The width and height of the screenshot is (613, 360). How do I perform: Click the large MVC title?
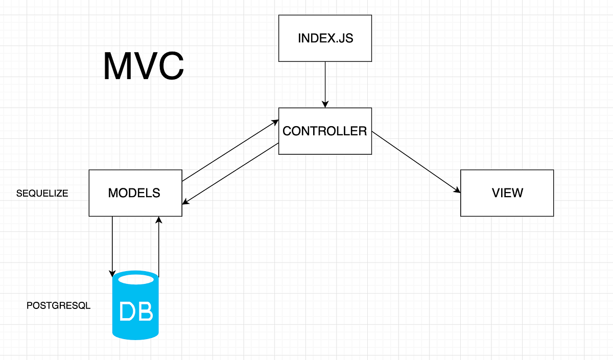143,66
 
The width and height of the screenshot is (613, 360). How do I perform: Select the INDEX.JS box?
325,38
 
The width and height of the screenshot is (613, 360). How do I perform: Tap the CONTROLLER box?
325,131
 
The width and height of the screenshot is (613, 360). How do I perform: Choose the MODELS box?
135,193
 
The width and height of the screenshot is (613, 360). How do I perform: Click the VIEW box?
507,193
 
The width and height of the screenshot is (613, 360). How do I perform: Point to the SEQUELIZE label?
42,194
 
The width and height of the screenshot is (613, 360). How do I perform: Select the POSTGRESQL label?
58,306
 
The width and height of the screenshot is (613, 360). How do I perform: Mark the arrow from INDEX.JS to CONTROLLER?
325,84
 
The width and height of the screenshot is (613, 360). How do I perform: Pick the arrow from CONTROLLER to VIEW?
416,162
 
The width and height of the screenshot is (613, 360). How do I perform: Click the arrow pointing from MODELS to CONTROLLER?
230,151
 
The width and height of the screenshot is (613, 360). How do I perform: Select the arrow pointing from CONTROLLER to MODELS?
230,174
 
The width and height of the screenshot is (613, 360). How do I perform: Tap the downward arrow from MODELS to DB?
112,245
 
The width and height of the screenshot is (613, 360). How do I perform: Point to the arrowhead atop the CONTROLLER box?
325,104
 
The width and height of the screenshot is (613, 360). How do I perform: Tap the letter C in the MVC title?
168,66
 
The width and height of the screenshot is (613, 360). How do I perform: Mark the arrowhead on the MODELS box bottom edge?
159,220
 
